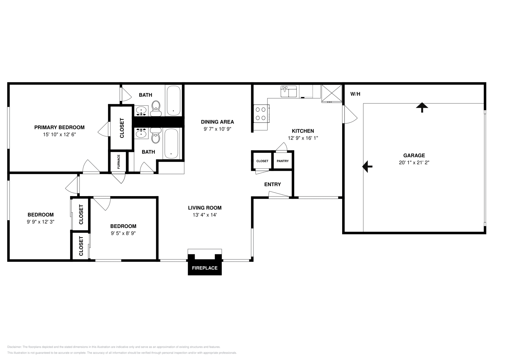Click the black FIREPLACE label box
tap(205, 268)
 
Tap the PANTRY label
tap(282, 161)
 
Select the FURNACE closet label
tap(119, 162)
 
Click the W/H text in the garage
tap(355, 94)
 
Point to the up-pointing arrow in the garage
tap(422, 107)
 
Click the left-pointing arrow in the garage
tap(367, 167)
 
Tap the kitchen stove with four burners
tap(261, 113)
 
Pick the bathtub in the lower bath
tap(171, 143)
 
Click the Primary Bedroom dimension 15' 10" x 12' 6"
tap(59, 135)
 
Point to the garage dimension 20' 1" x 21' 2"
tap(414, 163)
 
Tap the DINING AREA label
tap(217, 122)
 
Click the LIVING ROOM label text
tap(205, 208)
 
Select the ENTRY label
tap(272, 184)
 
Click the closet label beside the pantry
tap(262, 161)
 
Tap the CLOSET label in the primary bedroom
tap(122, 128)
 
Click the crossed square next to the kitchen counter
tap(332, 93)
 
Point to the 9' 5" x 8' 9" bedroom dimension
tap(123, 234)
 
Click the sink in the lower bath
tap(141, 133)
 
